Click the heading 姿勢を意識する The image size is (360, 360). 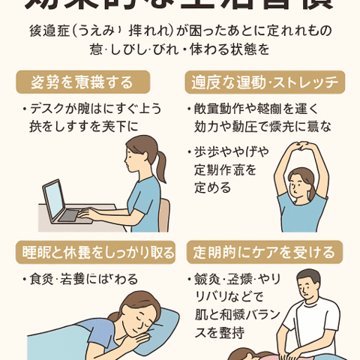pos(82,82)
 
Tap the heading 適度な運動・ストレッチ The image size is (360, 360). pos(265,82)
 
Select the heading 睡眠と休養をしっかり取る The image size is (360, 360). pos(94,252)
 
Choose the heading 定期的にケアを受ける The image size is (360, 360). pos(265,252)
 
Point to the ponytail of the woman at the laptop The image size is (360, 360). pos(160,165)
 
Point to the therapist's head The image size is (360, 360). pos(308,283)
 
